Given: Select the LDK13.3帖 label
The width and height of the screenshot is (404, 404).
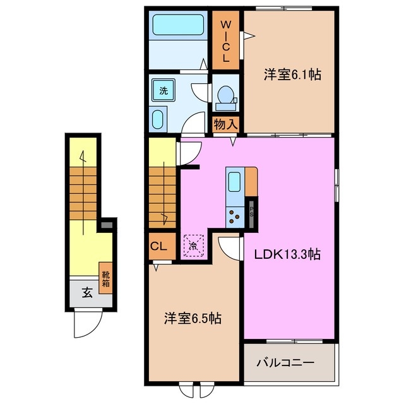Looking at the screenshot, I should [x=288, y=255].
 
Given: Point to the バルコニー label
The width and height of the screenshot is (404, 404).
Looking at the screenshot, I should [x=285, y=364].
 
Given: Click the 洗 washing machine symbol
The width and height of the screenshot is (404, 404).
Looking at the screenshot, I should [x=163, y=90].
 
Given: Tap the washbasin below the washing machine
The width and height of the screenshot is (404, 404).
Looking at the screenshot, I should [x=158, y=119].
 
